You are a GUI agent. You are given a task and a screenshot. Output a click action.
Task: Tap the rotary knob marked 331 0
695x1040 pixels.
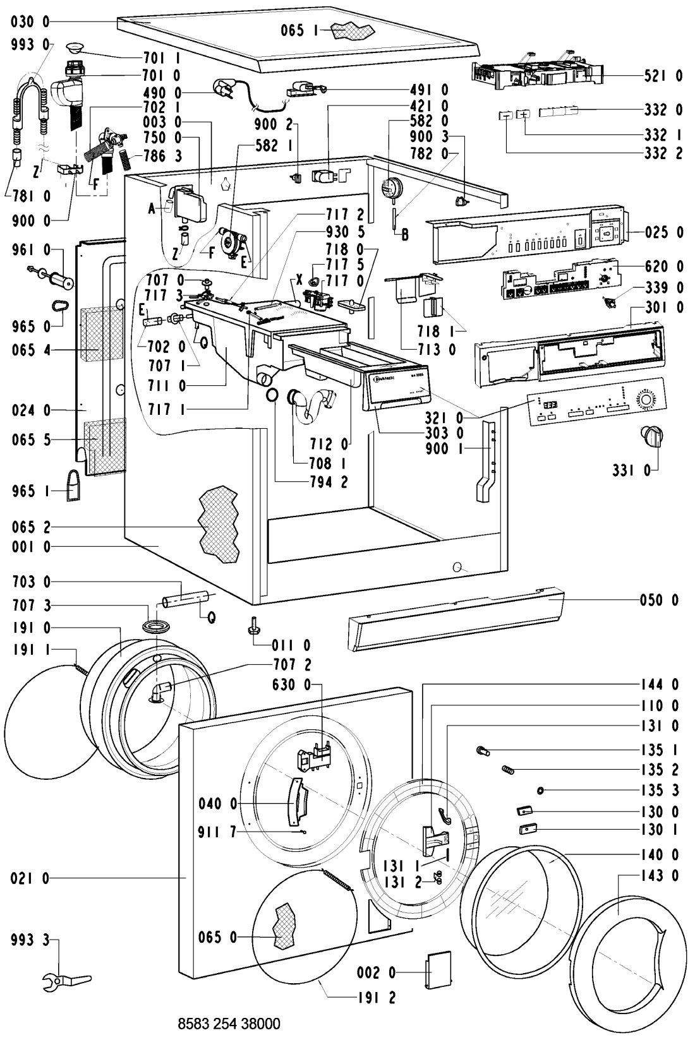652,435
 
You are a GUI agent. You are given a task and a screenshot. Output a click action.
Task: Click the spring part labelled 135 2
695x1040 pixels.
507,768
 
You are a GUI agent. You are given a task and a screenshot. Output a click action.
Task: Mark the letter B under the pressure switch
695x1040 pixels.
405,235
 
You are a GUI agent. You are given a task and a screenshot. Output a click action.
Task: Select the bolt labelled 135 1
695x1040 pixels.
483,751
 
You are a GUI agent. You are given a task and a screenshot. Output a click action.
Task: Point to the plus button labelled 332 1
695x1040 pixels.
523,115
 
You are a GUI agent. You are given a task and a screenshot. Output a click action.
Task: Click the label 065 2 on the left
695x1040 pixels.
30,527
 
